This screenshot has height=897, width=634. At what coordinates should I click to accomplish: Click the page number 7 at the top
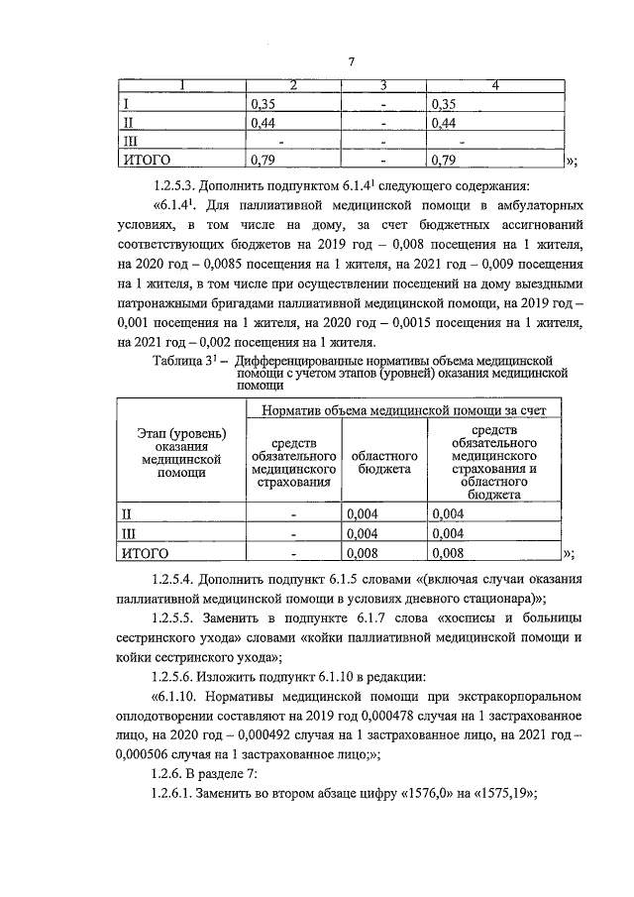(351, 63)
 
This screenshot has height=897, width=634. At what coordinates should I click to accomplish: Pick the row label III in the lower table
(128, 533)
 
